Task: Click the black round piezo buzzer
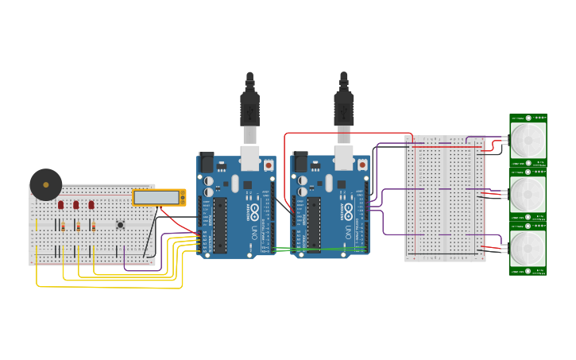46,184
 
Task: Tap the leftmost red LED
60,204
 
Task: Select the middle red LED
76,204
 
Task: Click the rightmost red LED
91,204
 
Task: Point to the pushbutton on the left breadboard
121,225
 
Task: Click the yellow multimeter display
157,197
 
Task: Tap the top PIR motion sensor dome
528,140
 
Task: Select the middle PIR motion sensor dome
528,193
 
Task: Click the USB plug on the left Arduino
249,108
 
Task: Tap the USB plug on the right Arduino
344,108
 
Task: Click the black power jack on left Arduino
206,163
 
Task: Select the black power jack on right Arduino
300,163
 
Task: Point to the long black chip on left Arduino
220,225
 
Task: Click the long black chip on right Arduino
315,225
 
